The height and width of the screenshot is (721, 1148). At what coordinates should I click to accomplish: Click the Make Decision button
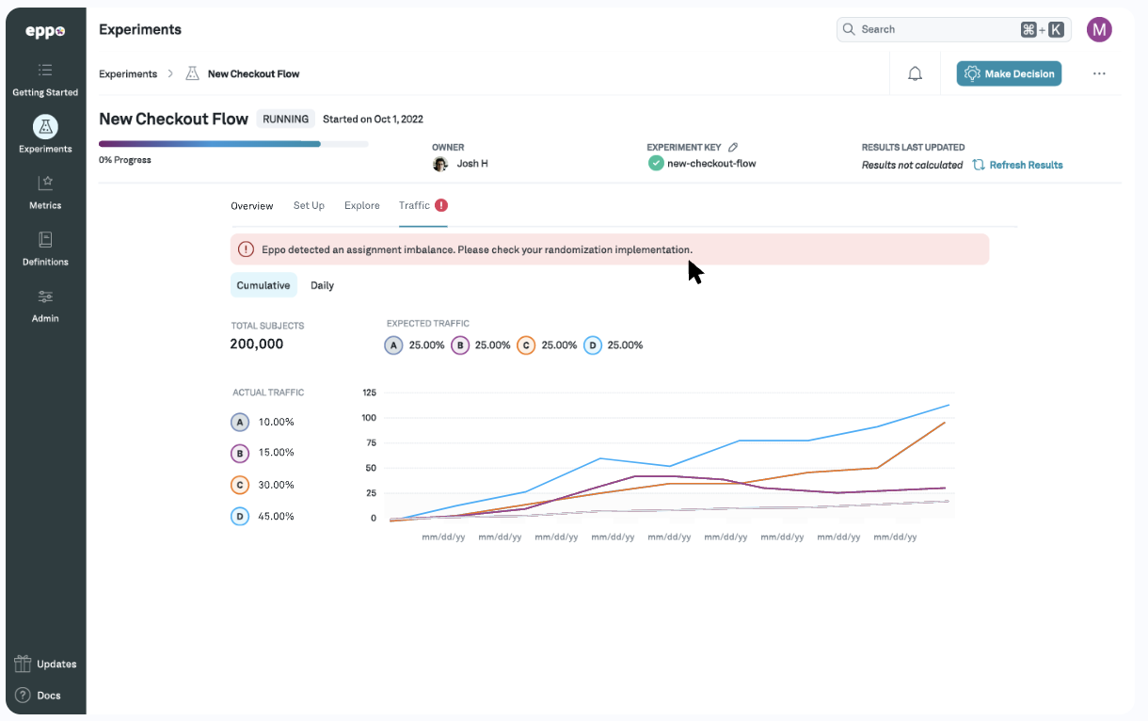[x=1009, y=73]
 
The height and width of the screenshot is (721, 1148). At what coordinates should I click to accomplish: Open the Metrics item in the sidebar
[x=45, y=191]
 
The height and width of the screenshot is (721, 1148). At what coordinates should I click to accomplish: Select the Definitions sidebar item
[x=45, y=248]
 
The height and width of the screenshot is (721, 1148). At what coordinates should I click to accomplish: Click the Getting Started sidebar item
[x=45, y=79]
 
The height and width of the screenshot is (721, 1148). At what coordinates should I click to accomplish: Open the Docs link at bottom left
[x=39, y=696]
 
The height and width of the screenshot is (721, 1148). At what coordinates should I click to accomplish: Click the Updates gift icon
[x=24, y=664]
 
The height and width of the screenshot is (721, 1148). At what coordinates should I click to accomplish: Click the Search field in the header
[x=932, y=29]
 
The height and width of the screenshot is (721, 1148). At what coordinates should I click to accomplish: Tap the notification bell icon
[x=915, y=73]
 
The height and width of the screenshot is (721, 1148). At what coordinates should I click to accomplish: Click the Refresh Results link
[x=1018, y=165]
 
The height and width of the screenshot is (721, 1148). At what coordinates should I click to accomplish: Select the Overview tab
[x=252, y=205]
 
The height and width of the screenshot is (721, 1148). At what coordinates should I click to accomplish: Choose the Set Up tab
[x=309, y=205]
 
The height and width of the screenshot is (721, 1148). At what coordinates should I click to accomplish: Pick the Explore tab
[x=362, y=205]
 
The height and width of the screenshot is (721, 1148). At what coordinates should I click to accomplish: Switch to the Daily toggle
[x=322, y=285]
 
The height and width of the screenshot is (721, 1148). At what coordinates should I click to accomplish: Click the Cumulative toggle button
[x=263, y=285]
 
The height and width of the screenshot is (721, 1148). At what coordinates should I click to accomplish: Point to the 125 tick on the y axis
[x=369, y=393]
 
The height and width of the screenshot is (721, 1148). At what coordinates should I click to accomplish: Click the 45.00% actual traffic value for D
[x=276, y=516]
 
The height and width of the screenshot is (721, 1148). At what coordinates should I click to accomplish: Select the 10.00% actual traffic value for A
[x=276, y=422]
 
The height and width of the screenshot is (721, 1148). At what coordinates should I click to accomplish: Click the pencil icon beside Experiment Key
[x=733, y=148]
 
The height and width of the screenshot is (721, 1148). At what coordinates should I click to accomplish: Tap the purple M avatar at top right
[x=1099, y=29]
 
